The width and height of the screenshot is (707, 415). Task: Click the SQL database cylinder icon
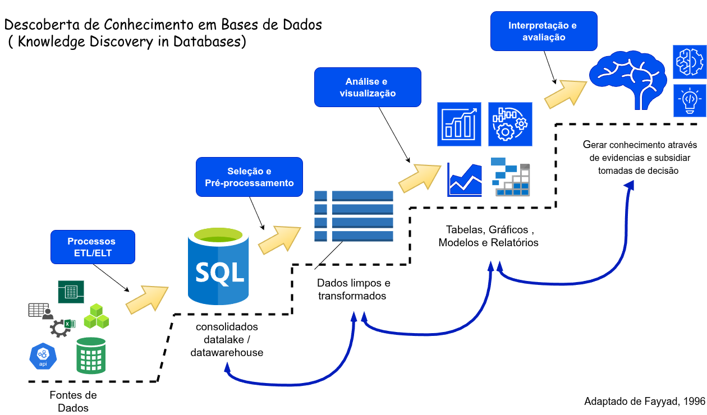pyautogui.click(x=218, y=265)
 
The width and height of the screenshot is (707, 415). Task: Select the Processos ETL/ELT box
pyautogui.click(x=93, y=247)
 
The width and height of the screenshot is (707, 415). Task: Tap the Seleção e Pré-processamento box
pyautogui.click(x=249, y=177)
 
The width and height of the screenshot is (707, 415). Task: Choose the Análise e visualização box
pyautogui.click(x=368, y=87)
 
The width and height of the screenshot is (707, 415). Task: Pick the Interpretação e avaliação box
pyautogui.click(x=544, y=31)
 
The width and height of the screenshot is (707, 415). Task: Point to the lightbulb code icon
pyautogui.click(x=690, y=101)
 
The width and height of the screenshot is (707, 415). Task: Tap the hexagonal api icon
pyautogui.click(x=43, y=356)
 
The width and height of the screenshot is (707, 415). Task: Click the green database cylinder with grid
pyautogui.click(x=91, y=356)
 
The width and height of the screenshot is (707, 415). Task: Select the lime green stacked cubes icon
pyautogui.click(x=97, y=317)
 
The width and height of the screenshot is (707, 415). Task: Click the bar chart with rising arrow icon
pyautogui.click(x=459, y=124)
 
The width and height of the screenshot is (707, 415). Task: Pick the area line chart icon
pyautogui.click(x=465, y=179)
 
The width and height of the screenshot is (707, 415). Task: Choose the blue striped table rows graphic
pyautogui.click(x=353, y=216)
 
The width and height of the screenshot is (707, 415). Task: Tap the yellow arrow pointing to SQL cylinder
pyautogui.click(x=147, y=299)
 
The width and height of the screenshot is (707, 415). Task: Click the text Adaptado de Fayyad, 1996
pyautogui.click(x=645, y=402)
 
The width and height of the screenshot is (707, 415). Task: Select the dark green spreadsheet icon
pyautogui.click(x=71, y=292)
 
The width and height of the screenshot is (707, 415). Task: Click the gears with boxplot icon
pyautogui.click(x=510, y=124)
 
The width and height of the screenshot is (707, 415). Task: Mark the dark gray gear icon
pyautogui.click(x=59, y=328)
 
